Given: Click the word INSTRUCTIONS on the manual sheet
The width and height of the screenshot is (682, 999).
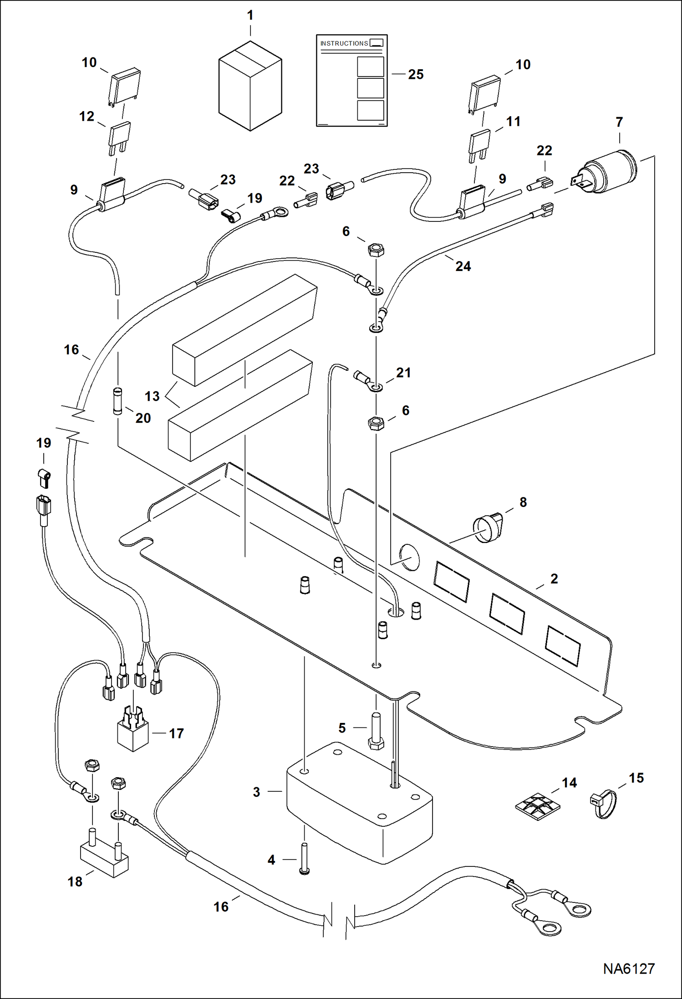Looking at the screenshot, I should pos(344,43).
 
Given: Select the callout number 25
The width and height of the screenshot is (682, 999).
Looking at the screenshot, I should pos(416,74).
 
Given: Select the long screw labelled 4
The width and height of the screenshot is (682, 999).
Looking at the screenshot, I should pos(305,858).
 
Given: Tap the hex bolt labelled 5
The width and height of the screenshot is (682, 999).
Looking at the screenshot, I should pos(376,732).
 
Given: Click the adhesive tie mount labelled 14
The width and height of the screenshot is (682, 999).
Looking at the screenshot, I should pos(537,807).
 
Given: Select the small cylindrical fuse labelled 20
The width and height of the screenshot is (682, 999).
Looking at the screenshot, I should pos(117,401).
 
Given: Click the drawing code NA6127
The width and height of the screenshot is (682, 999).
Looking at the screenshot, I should pos(629,968).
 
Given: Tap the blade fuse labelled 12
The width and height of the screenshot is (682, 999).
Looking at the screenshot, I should pos(119,137).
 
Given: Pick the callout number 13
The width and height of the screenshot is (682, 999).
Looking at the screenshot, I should pos(152,396).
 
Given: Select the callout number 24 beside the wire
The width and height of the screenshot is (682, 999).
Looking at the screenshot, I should pos(463,266).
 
